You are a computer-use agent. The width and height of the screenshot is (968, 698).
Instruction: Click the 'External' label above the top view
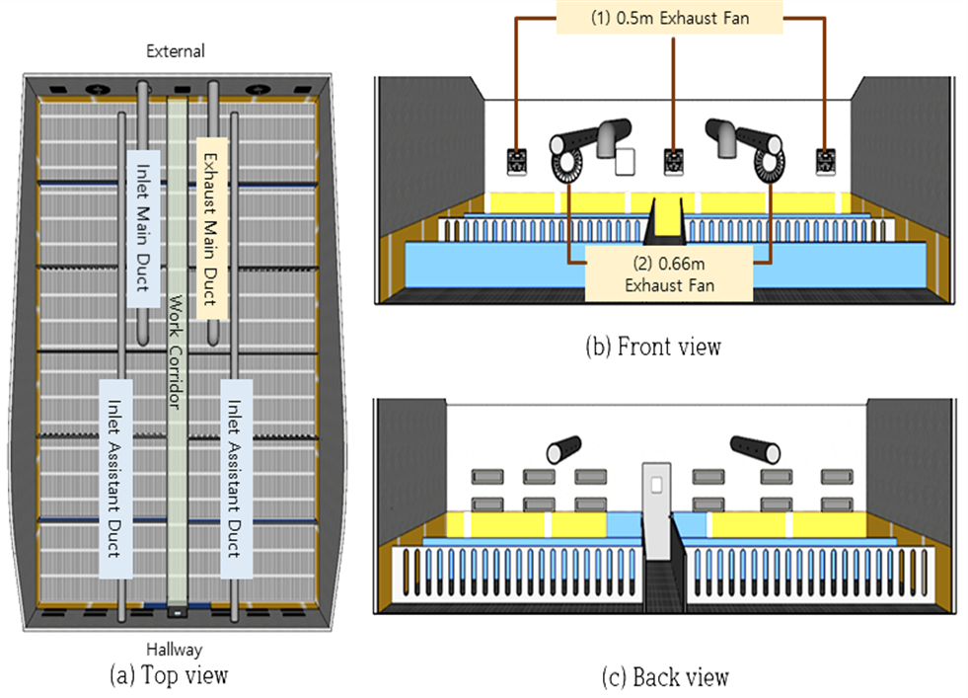click(x=176, y=50)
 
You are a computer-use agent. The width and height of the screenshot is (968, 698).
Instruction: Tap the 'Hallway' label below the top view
click(x=174, y=650)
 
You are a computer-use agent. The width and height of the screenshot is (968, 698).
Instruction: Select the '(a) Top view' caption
click(x=169, y=674)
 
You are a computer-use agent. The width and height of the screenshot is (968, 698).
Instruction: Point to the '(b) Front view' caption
click(x=653, y=347)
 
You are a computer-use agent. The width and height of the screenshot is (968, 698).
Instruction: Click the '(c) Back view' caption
click(x=665, y=677)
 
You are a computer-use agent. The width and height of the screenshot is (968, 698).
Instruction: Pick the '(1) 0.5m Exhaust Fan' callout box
click(x=670, y=18)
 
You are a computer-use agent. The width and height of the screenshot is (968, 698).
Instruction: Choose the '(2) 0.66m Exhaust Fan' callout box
click(x=669, y=273)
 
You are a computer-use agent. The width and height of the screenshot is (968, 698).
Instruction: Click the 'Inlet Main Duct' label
click(x=143, y=228)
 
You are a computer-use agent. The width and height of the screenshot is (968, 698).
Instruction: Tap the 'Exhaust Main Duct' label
click(x=211, y=228)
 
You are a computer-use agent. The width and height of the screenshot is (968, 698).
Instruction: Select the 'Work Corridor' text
click(x=176, y=351)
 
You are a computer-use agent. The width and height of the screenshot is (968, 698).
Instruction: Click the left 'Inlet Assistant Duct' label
click(x=115, y=479)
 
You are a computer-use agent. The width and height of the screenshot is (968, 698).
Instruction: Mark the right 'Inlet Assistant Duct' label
click(x=236, y=479)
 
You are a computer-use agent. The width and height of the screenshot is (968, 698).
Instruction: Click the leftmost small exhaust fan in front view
click(x=517, y=162)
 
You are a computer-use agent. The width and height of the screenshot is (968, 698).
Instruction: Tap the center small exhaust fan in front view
click(x=674, y=162)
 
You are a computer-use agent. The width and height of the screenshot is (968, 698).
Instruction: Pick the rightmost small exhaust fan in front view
click(x=825, y=162)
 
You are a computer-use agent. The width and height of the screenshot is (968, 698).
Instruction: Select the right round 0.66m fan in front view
click(x=769, y=166)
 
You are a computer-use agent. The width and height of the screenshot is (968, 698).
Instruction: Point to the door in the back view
click(x=656, y=511)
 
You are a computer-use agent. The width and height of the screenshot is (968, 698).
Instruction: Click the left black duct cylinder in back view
click(x=563, y=449)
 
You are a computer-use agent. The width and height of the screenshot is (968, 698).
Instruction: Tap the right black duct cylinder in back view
click(x=755, y=449)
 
